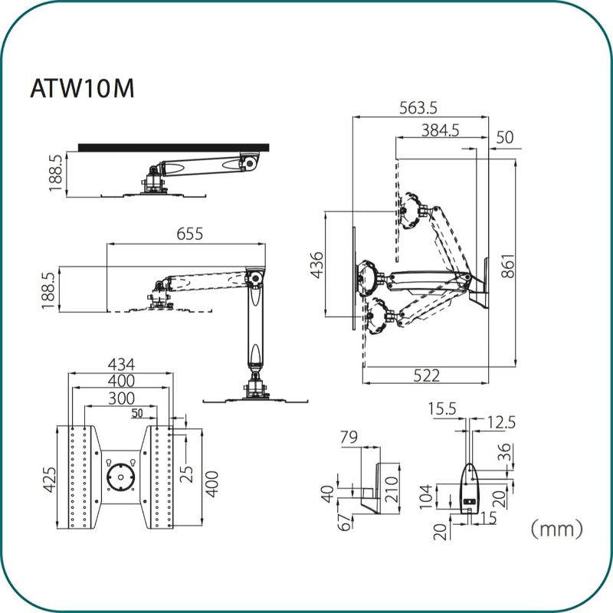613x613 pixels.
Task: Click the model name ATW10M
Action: [83, 88]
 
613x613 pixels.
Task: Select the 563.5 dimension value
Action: [418, 108]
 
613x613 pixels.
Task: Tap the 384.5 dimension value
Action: [440, 130]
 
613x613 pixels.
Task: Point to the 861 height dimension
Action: [508, 266]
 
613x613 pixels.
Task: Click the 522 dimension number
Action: [427, 375]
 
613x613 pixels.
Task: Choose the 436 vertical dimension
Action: [317, 265]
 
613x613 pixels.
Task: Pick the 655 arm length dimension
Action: [189, 234]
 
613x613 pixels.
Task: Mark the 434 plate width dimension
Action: [121, 365]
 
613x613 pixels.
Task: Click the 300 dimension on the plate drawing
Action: [121, 398]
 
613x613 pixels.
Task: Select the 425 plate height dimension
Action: [50, 480]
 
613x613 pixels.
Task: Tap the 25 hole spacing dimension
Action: [187, 474]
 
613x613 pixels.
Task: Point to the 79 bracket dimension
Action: [349, 437]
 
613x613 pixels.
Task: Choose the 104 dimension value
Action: [426, 497]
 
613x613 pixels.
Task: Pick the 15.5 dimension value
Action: [442, 409]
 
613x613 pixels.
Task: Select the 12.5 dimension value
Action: [502, 422]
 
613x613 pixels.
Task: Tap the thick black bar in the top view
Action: [174, 147]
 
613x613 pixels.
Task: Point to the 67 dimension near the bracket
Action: [344, 522]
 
